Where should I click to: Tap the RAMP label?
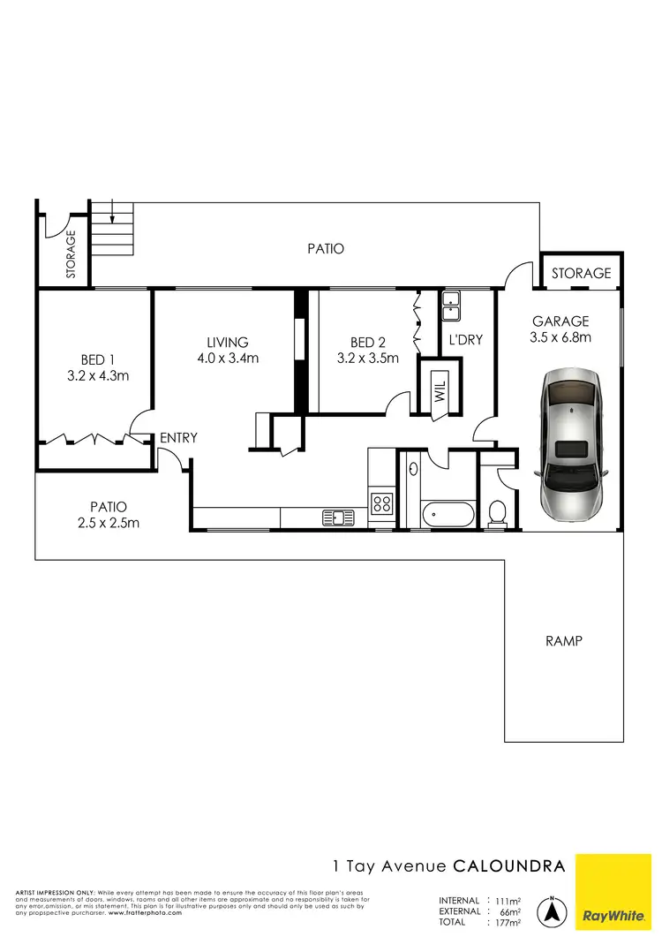tap(564, 641)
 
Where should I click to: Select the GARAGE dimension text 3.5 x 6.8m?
tap(560, 337)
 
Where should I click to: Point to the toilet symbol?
tap(497, 512)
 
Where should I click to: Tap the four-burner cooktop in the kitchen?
tap(382, 504)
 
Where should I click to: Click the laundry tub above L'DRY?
tap(451, 307)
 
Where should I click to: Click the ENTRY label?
tap(178, 437)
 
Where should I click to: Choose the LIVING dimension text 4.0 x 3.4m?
tap(228, 359)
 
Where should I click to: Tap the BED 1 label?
tap(98, 359)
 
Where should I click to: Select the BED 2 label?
tap(368, 343)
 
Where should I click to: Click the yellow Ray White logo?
tap(618, 892)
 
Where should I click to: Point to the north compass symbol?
tap(553, 910)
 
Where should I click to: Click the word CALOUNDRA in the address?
tap(509, 866)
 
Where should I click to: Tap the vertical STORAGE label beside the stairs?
tap(71, 254)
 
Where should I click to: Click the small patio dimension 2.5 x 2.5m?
tap(109, 522)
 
